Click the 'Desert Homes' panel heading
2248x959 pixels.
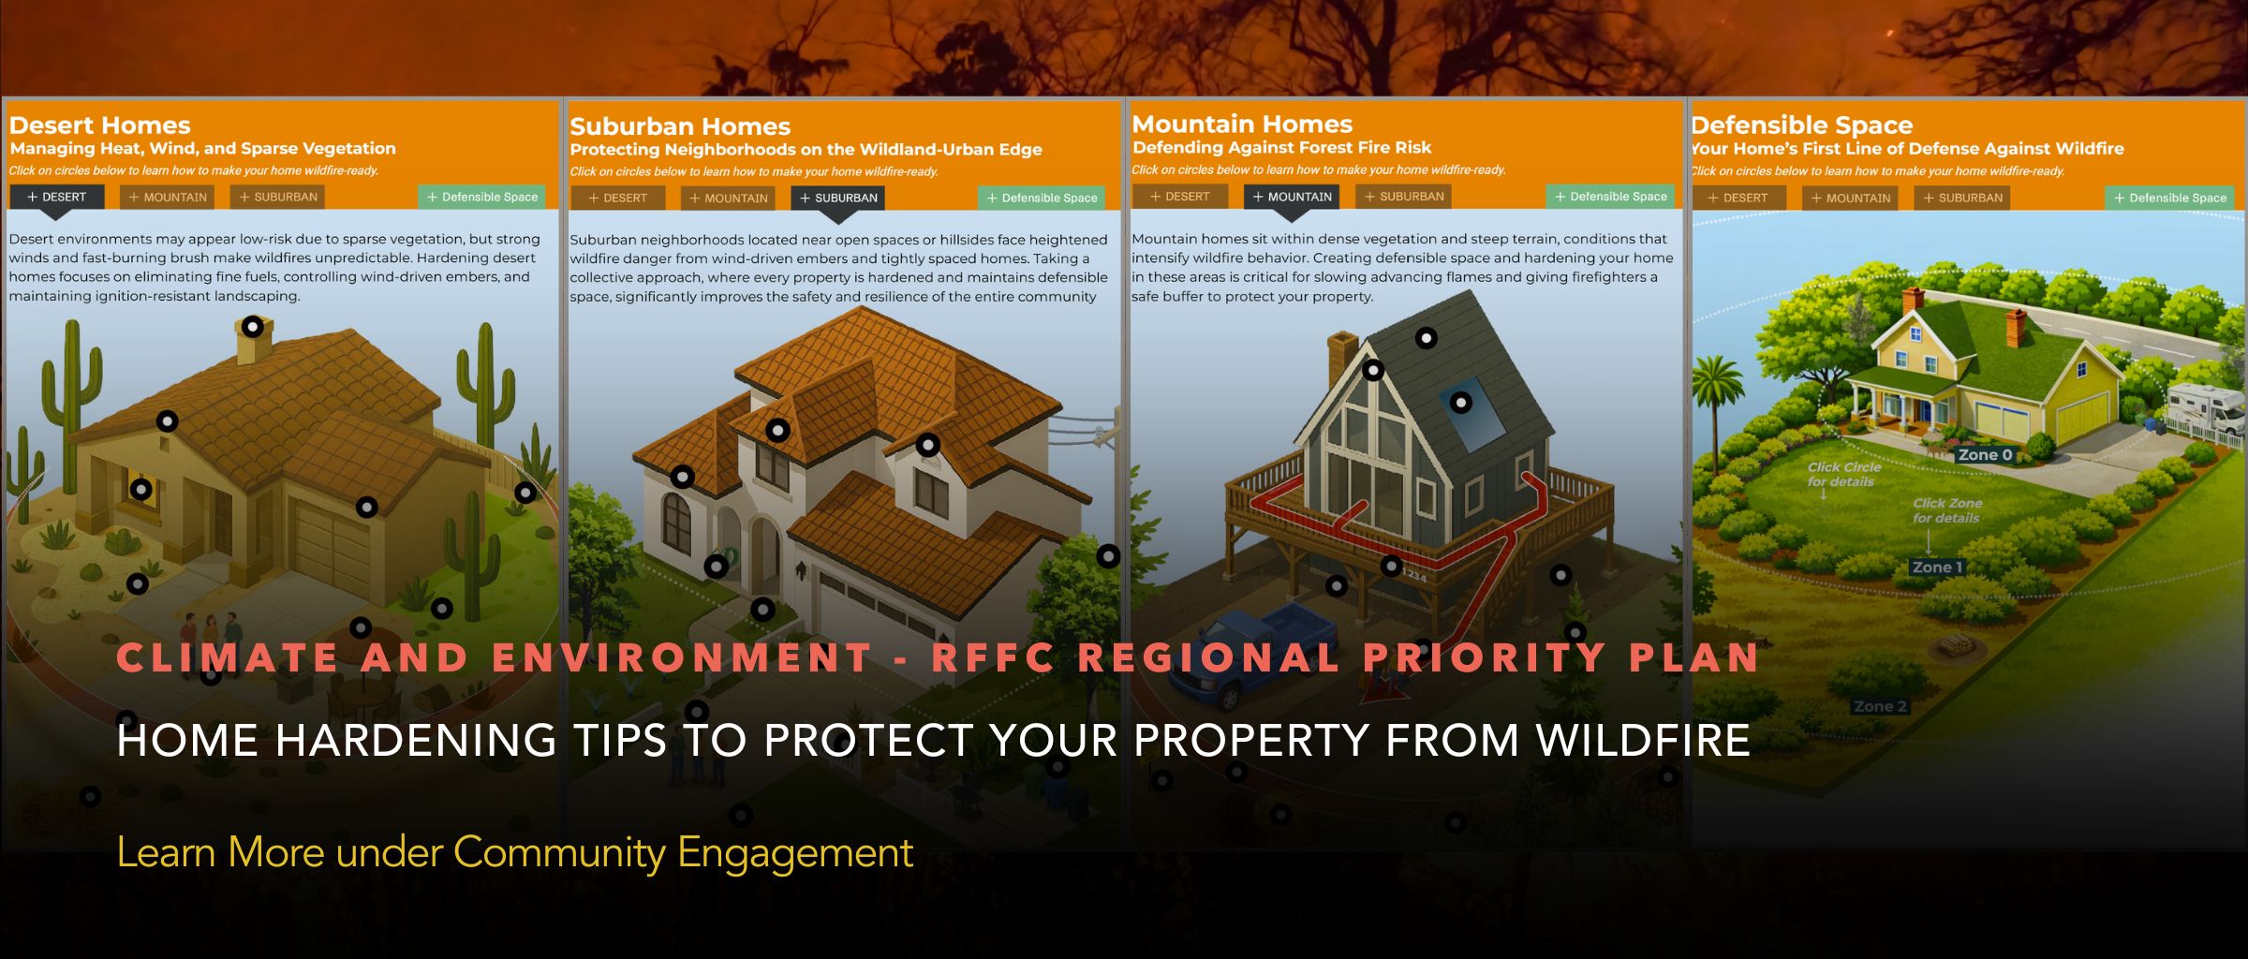(x=99, y=125)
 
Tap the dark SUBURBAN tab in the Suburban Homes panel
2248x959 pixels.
(x=837, y=198)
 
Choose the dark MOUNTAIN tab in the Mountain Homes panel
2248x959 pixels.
(x=1292, y=197)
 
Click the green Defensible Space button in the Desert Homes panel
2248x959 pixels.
(x=481, y=197)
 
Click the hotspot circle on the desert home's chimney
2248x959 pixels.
(x=253, y=327)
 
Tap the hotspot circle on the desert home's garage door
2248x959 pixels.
(x=367, y=508)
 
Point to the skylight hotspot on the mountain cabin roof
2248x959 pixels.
(x=1461, y=403)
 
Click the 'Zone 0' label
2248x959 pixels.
(x=1985, y=455)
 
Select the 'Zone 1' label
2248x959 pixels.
(x=1937, y=568)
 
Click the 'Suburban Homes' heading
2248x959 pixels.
(x=680, y=126)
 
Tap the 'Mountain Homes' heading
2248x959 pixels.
(x=1242, y=125)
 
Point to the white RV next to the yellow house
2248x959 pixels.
(x=2206, y=409)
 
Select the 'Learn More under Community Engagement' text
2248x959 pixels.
(x=514, y=852)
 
